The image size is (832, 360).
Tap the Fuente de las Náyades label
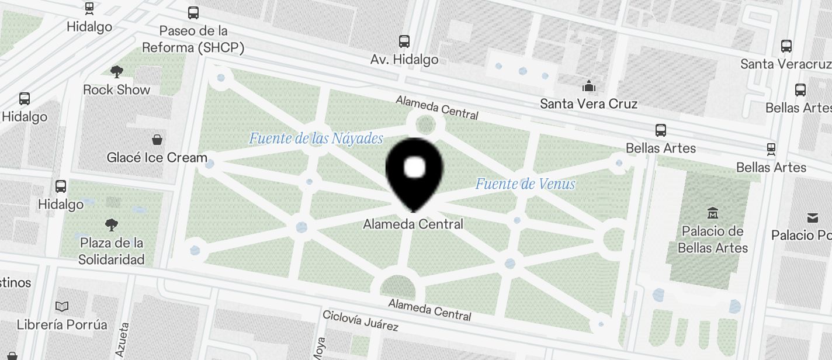pyautogui.click(x=316, y=139)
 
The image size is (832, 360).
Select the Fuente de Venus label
pyautogui.click(x=525, y=184)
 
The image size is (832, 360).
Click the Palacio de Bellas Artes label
pyautogui.click(x=712, y=240)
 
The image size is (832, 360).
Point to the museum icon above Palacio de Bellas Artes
pyautogui.click(x=712, y=212)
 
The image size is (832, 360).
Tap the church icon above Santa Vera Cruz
pyautogui.click(x=588, y=87)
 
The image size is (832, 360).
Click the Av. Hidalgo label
pyautogui.click(x=404, y=60)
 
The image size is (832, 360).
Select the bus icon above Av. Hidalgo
pyautogui.click(x=404, y=41)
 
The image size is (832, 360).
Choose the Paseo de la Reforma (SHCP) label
pyautogui.click(x=193, y=39)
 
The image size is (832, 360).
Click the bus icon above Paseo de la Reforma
pyautogui.click(x=193, y=12)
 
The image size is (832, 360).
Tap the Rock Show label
pyautogui.click(x=117, y=90)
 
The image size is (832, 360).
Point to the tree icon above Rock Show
pyautogui.click(x=117, y=72)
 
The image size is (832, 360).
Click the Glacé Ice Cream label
pyautogui.click(x=157, y=158)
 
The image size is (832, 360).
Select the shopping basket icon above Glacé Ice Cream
pyautogui.click(x=157, y=140)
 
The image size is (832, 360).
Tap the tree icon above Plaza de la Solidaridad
pyautogui.click(x=112, y=224)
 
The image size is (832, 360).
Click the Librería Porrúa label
pyautogui.click(x=62, y=324)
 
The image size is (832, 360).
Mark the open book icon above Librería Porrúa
pyautogui.click(x=62, y=306)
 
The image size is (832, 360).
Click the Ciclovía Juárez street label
pyautogui.click(x=360, y=321)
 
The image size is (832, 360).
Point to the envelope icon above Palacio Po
pyautogui.click(x=813, y=218)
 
